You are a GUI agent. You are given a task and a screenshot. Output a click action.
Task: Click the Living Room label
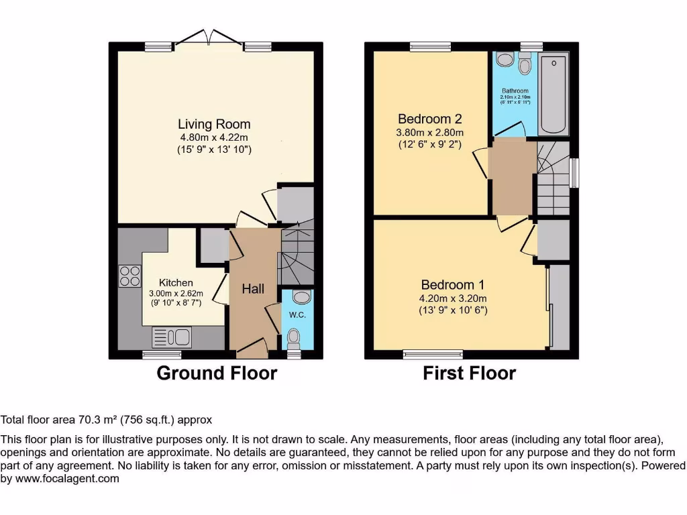pos(214,124)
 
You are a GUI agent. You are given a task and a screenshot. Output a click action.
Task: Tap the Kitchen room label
pos(176,283)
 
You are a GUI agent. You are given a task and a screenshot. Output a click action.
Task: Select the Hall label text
pos(253,289)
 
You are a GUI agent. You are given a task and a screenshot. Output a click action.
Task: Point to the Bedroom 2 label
pos(429,119)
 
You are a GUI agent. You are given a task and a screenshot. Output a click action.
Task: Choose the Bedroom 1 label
pos(453,284)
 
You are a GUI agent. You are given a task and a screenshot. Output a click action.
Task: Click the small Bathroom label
pos(515,91)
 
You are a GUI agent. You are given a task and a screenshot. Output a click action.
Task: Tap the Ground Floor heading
pos(216,374)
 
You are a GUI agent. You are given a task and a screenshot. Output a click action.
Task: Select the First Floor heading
pos(469,374)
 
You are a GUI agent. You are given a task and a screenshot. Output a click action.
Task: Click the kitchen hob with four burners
pos(130,276)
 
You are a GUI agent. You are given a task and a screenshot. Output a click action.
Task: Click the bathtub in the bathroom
pos(554,94)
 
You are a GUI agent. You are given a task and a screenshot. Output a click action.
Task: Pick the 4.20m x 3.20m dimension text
pos(453,298)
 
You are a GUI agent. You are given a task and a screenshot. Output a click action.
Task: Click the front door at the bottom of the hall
pos(252,347)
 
